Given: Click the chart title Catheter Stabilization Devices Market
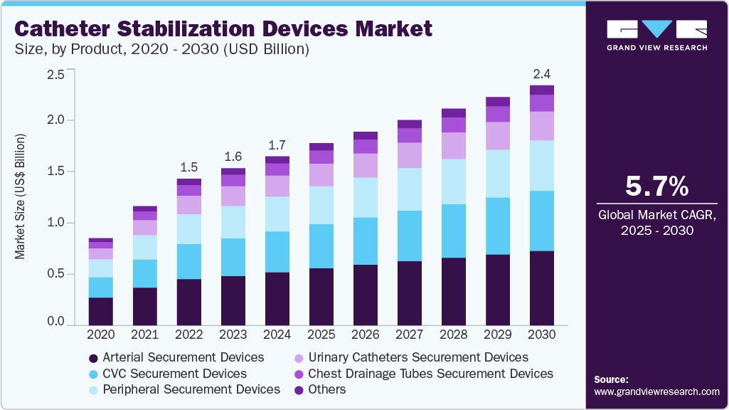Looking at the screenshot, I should (223, 29).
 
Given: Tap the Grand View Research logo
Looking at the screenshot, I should (656, 35).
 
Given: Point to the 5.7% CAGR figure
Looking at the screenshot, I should (656, 186).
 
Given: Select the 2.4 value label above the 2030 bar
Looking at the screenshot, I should (542, 74).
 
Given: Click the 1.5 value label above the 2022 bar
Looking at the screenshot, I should (188, 167).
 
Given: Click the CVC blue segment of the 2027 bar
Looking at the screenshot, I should (409, 236).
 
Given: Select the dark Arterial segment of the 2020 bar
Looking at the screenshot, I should (100, 311).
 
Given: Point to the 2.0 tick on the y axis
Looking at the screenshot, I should (55, 120).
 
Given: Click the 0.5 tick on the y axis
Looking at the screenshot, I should (55, 274).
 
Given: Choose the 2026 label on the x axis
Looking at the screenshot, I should (365, 334).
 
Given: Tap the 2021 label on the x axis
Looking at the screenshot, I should (144, 334).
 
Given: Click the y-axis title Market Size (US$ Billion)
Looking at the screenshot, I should (21, 196).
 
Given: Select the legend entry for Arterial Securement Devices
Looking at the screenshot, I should (176, 357).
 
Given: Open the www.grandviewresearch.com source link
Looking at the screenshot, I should (656, 391).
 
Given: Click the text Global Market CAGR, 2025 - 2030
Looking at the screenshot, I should (656, 223).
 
